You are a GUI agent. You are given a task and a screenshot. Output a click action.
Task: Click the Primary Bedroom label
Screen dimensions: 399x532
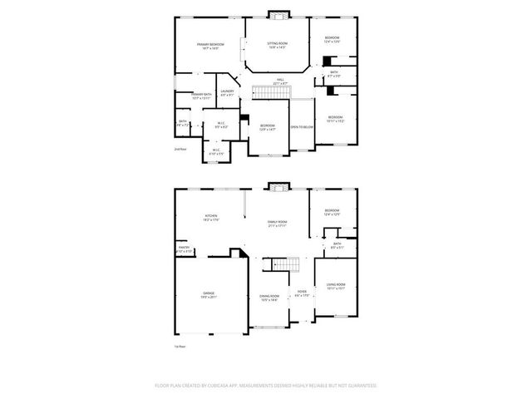[210, 46]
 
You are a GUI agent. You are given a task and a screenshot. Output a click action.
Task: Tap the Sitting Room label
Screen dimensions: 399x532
[277, 45]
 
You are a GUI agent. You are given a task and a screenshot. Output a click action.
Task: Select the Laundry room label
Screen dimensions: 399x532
[227, 93]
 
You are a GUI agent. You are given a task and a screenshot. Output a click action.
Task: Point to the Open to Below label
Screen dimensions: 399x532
[301, 126]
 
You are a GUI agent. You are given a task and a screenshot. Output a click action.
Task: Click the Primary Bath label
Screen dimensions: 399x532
[202, 96]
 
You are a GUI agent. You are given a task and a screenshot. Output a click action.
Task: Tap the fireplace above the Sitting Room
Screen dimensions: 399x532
[277, 14]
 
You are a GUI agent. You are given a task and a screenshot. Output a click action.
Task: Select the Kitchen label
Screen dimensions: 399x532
[211, 219]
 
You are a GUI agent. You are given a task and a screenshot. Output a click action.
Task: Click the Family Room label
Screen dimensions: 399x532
[277, 224]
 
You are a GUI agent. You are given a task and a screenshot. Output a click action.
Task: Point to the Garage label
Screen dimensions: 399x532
[209, 295]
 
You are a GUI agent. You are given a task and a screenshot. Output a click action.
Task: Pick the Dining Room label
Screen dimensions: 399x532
[268, 298]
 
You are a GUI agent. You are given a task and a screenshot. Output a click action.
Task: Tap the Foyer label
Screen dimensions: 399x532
[301, 293]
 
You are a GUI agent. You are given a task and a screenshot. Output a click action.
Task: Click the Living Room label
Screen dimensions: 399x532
[335, 287]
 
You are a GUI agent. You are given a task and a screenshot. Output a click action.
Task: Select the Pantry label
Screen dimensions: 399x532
[184, 249]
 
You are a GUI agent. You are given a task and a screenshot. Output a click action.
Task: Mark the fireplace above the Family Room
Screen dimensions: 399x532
[277, 186]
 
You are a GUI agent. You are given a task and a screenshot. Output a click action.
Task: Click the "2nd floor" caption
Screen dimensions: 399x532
[180, 149]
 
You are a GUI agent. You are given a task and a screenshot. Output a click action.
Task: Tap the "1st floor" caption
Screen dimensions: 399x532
[179, 345]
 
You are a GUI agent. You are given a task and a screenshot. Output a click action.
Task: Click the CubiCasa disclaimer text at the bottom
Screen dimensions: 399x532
[266, 386]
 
